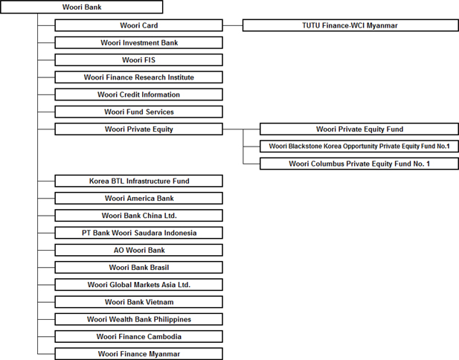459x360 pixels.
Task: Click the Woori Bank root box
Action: pos(82,7)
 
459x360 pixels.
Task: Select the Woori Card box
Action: pos(139,25)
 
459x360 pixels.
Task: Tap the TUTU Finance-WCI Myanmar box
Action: pos(350,25)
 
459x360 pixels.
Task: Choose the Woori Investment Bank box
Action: pos(139,42)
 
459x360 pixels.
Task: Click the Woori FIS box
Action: pos(139,60)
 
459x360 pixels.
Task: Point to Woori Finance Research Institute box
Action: pos(139,77)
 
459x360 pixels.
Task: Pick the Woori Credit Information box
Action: pos(139,94)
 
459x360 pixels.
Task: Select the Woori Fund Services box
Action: pos(139,112)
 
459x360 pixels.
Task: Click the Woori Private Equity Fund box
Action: pos(359,129)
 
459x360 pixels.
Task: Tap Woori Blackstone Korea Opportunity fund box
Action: pos(359,147)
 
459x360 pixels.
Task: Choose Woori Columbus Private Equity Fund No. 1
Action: pos(359,164)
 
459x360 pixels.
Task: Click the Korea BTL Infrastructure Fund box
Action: pos(139,181)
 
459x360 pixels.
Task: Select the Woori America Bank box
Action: pos(139,198)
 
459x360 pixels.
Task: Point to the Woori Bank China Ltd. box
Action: pos(139,216)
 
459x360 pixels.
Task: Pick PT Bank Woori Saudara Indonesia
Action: pos(139,233)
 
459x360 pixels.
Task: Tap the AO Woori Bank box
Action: pos(139,250)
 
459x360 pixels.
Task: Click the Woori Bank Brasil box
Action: pos(139,267)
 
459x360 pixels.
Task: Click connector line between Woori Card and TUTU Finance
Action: pos(233,25)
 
